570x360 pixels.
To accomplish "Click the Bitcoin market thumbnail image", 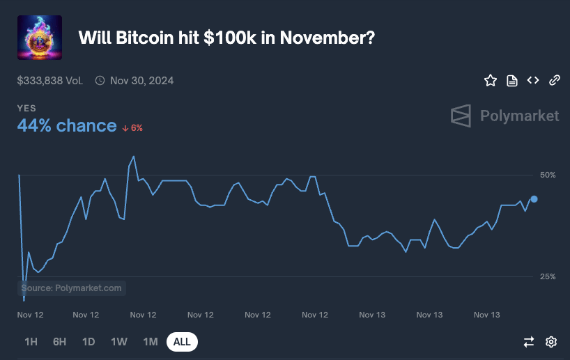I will [x=39, y=38].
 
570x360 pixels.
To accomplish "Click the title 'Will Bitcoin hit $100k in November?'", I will [x=226, y=38].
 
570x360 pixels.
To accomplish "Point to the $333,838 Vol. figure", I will [x=50, y=81].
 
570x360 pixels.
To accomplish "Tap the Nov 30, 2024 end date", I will [x=141, y=81].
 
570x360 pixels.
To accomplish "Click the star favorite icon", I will [x=491, y=81].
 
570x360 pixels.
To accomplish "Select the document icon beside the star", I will [x=511, y=81].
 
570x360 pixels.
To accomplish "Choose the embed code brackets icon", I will [x=533, y=81].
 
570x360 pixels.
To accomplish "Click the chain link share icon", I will [x=555, y=81].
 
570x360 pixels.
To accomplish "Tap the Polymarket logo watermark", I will [x=504, y=116].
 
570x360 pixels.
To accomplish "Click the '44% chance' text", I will [x=67, y=125].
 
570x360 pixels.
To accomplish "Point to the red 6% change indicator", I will [x=132, y=127].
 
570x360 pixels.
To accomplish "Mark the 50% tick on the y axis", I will [x=547, y=174].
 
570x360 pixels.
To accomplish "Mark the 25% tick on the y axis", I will [x=547, y=276].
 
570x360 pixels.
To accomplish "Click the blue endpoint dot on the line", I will [x=534, y=199].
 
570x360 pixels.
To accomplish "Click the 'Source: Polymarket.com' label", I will [x=72, y=288].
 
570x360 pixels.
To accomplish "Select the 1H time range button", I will [x=31, y=342].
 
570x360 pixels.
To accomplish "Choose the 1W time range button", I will [x=119, y=342].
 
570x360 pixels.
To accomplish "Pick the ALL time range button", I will [x=182, y=342].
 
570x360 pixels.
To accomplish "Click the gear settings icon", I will [x=551, y=342].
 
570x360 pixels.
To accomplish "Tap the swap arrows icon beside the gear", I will [x=529, y=342].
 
